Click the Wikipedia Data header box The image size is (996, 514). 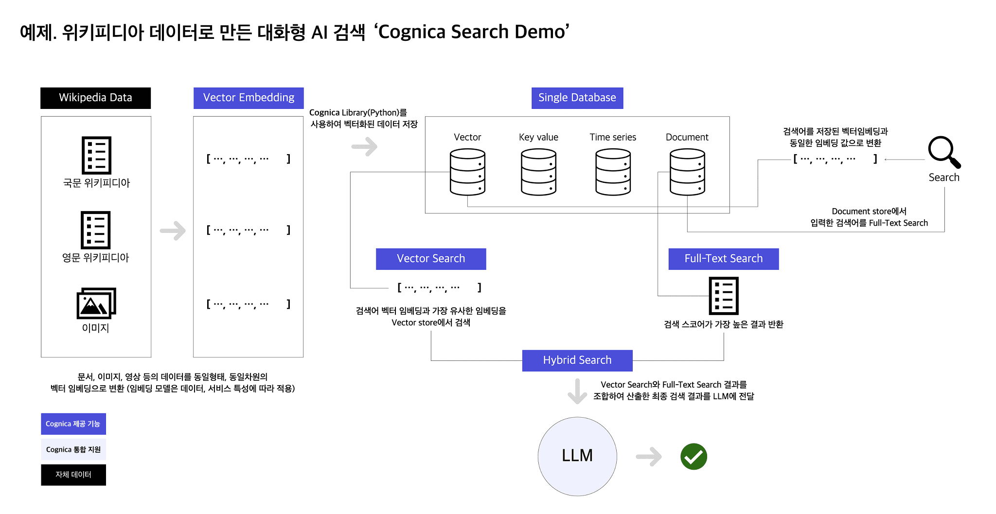tap(95, 98)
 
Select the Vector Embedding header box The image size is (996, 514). tap(249, 98)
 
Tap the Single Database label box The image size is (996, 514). tap(577, 98)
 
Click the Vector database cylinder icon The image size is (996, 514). tap(467, 172)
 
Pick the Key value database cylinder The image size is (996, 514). tap(538, 172)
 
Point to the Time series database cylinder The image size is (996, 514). tap(613, 172)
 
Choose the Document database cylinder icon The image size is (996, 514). tap(687, 172)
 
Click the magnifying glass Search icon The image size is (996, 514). tap(944, 152)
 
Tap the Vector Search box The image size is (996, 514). tap(431, 259)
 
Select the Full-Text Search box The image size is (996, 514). tap(723, 259)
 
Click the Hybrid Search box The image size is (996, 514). tap(577, 360)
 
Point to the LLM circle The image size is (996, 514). tap(577, 456)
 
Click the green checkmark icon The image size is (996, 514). tap(694, 457)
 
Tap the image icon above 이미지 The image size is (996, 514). tap(96, 303)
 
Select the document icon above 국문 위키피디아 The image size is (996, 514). tap(96, 155)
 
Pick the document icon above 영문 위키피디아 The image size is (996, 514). tap(96, 230)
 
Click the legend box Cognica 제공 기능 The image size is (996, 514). tap(73, 424)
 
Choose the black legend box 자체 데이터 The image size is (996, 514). tap(73, 475)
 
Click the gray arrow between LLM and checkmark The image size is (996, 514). tap(649, 457)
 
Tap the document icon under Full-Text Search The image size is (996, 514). tap(724, 296)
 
